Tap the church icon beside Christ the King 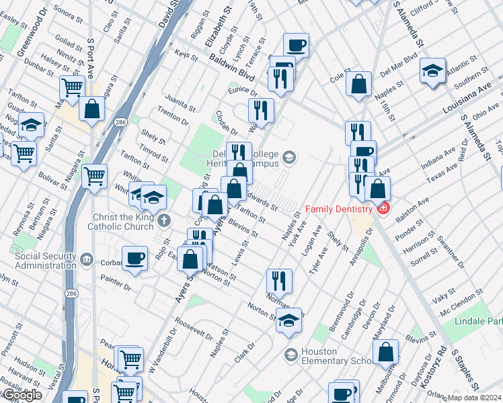click(x=164, y=220)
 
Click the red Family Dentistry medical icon click(x=383, y=208)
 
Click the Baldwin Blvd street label click(x=232, y=69)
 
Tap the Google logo click(x=22, y=396)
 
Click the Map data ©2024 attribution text click(x=473, y=398)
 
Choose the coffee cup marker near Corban click(x=135, y=259)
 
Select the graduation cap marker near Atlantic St click(x=432, y=71)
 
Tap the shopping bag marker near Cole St click(x=359, y=85)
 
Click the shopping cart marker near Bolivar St click(x=95, y=177)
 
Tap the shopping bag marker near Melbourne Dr click(x=386, y=351)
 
